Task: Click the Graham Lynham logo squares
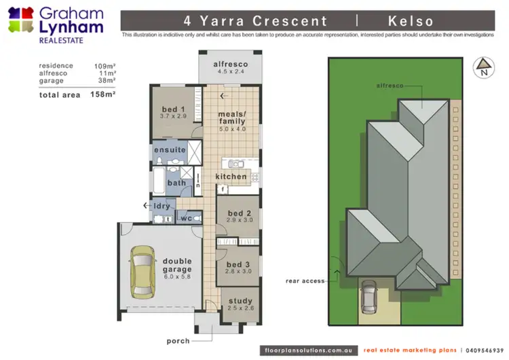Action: [20, 21]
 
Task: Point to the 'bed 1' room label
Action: [173, 109]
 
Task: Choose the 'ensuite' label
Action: [170, 149]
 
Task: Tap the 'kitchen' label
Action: [231, 177]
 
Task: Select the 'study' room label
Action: [240, 301]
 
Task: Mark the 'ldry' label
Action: [162, 206]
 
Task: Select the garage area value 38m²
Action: [107, 81]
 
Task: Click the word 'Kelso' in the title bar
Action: [411, 22]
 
